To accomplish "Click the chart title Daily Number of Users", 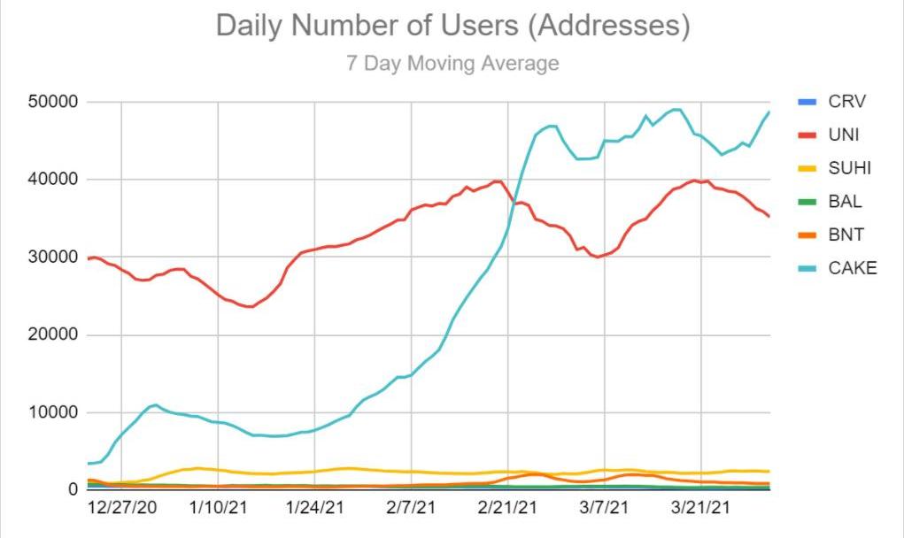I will (x=452, y=27).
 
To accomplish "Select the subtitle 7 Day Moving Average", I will (x=452, y=64).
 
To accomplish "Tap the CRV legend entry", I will (x=846, y=102).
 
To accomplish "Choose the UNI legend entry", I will (x=844, y=135).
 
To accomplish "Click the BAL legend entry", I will (x=845, y=202).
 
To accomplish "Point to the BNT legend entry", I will (x=845, y=234).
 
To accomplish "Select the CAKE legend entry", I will (x=852, y=268).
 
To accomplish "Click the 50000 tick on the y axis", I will (x=54, y=103).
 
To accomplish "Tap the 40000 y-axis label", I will (x=54, y=180).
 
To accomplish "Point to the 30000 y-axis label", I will (x=54, y=257).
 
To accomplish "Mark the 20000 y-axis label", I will (x=54, y=335).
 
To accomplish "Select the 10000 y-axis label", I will (x=54, y=413).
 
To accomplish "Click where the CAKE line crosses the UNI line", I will (x=514, y=204).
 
